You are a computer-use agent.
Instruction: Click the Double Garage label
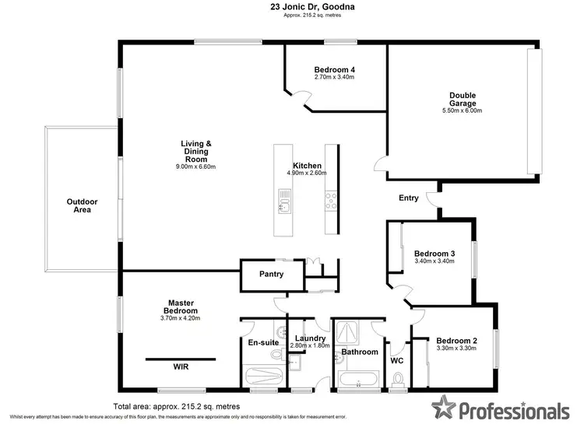coord(463,99)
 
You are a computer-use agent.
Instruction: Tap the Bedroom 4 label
coord(334,68)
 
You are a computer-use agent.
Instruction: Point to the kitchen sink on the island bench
coord(285,205)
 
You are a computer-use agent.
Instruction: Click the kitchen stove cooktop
coord(331,201)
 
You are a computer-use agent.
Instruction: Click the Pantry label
coord(271,275)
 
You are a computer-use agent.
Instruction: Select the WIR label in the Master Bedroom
coord(181,366)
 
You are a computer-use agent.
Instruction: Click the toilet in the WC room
coord(399,379)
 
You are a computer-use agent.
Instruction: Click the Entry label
coord(409,198)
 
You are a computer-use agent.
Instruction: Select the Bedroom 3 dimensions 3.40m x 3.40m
coord(434,261)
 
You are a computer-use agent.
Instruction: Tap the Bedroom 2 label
coord(456,341)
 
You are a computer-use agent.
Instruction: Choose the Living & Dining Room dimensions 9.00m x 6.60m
coord(196,166)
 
